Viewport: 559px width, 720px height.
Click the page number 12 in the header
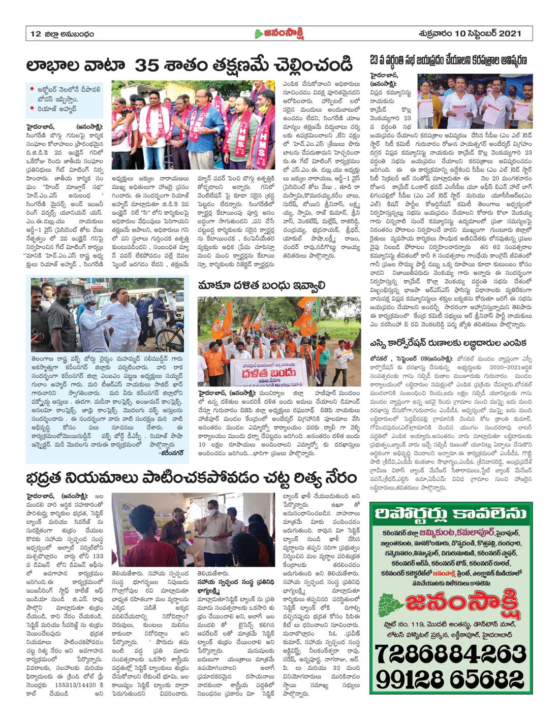click(36, 34)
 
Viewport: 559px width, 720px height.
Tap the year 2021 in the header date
click(510, 34)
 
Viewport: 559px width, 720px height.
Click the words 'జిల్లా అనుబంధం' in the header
click(69, 34)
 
